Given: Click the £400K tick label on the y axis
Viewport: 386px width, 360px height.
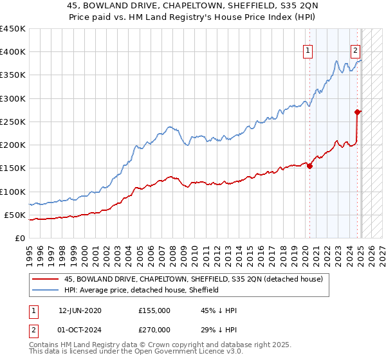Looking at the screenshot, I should point(13,52).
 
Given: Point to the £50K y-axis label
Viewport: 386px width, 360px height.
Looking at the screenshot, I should point(15,215).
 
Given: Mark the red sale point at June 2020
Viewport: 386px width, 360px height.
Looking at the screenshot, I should point(309,166).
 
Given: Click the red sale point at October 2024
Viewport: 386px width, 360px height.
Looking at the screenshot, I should point(357,112).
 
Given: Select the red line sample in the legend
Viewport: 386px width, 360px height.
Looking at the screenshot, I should point(45,279).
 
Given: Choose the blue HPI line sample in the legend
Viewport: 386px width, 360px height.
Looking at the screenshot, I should point(45,290).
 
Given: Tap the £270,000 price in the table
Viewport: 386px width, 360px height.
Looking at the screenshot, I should point(154,329).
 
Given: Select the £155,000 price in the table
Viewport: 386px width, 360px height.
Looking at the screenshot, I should point(154,310).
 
